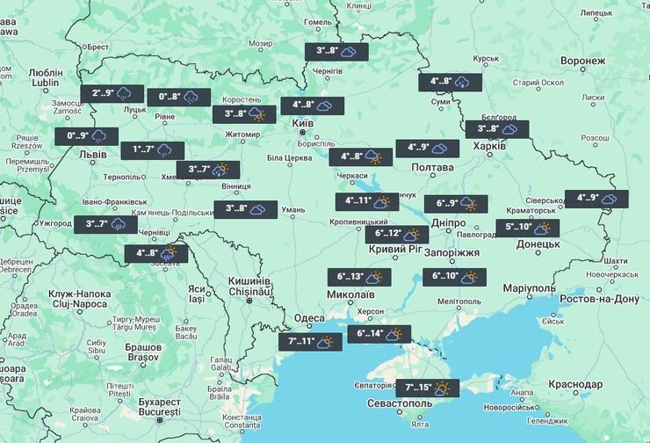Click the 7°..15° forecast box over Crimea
click(428, 388)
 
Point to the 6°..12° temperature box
click(397, 235)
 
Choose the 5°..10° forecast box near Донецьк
click(528, 228)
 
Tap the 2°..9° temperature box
click(112, 93)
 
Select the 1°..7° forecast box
click(153, 150)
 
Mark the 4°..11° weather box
click(367, 201)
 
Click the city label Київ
click(302, 124)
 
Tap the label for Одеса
click(309, 318)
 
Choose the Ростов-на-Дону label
click(601, 298)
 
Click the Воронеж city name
click(582, 62)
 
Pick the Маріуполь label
click(530, 288)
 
